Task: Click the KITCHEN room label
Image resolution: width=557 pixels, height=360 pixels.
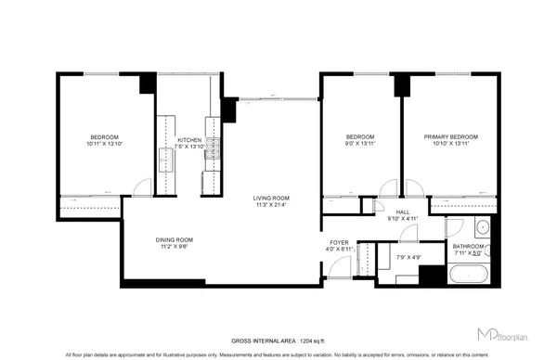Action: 189,139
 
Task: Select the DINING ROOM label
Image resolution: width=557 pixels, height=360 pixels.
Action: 174,240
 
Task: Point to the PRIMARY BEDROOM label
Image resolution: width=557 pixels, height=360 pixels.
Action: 451,137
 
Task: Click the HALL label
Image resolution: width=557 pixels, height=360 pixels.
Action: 403,212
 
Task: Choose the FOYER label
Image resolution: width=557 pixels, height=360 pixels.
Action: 335,242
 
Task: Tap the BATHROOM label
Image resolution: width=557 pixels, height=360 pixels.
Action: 468,246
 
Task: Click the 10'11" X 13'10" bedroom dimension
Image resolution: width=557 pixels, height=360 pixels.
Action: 104,145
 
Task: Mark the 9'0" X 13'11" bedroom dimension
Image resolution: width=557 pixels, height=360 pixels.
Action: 359,145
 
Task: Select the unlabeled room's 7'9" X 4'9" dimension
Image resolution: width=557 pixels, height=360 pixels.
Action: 408,257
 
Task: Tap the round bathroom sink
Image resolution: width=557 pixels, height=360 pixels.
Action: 482,227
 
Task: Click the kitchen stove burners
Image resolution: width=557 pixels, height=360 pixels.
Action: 213,151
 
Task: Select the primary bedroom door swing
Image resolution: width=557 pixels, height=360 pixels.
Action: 415,186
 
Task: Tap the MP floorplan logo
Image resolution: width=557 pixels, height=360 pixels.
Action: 502,330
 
